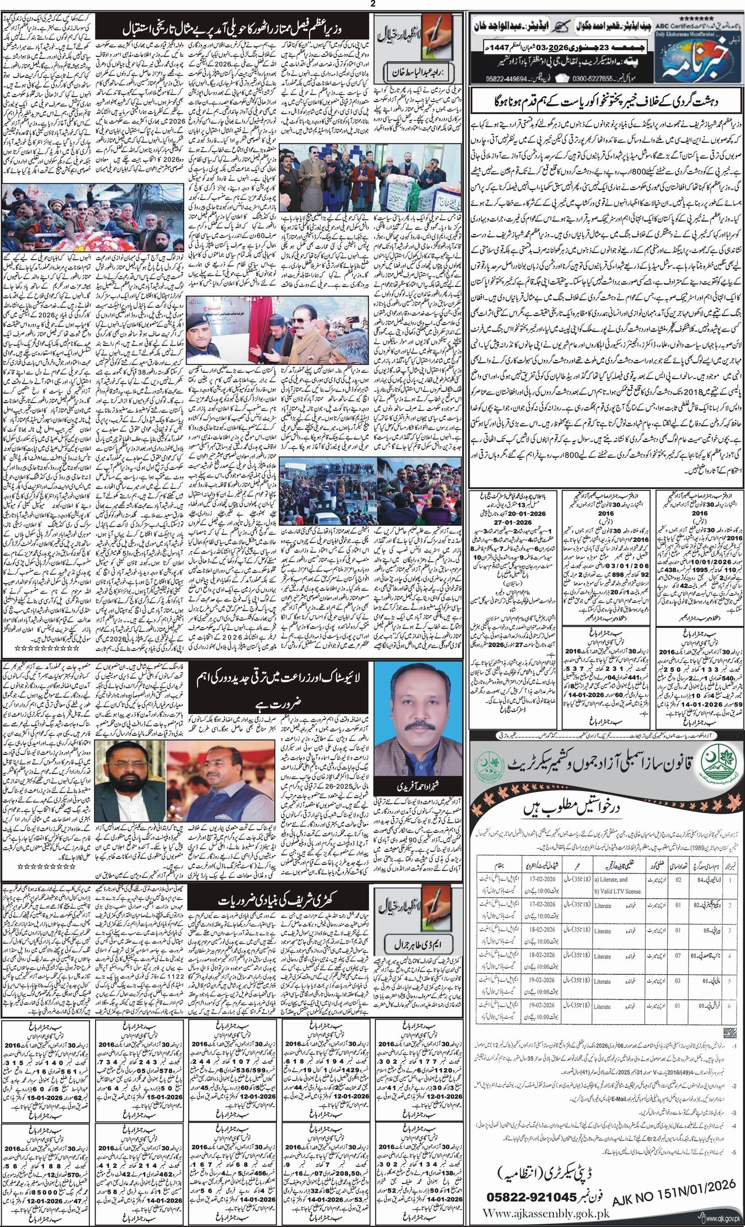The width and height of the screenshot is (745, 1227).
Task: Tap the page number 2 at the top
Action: [373, 4]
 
